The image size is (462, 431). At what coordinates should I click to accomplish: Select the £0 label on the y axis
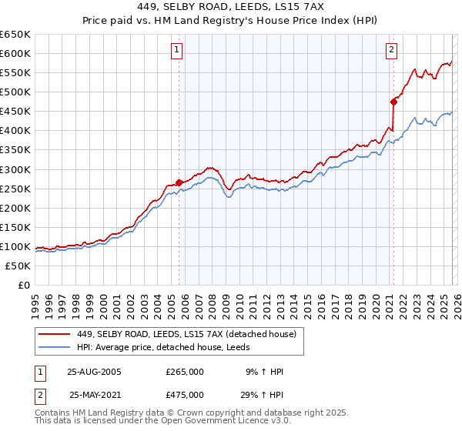[24, 286]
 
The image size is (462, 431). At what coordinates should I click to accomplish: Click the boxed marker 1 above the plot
[177, 50]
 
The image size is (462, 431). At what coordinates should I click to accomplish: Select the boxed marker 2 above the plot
[391, 50]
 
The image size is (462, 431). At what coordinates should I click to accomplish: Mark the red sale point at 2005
[179, 182]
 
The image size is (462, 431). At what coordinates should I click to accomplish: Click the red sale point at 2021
[393, 101]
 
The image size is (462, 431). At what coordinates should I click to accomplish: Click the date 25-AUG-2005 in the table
[95, 372]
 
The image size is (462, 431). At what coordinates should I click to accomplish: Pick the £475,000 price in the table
[185, 395]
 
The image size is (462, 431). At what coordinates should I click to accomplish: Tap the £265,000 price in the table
[185, 372]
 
